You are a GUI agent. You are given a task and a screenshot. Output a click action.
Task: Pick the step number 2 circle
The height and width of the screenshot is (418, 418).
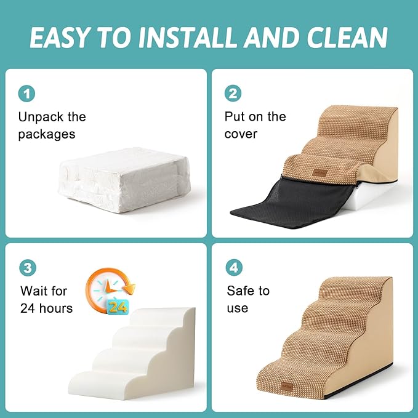click(x=233, y=94)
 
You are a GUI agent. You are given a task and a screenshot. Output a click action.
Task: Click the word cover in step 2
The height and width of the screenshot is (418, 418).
click(x=241, y=134)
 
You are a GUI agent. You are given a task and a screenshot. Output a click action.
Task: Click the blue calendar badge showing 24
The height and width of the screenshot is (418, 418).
click(x=119, y=306)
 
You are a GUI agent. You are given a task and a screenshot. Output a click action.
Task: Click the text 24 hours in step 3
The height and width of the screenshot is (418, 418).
click(x=47, y=308)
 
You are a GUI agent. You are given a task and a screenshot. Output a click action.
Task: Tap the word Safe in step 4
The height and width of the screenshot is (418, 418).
click(x=241, y=291)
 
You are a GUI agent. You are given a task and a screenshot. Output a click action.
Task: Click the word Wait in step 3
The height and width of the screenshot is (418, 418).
click(x=35, y=291)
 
